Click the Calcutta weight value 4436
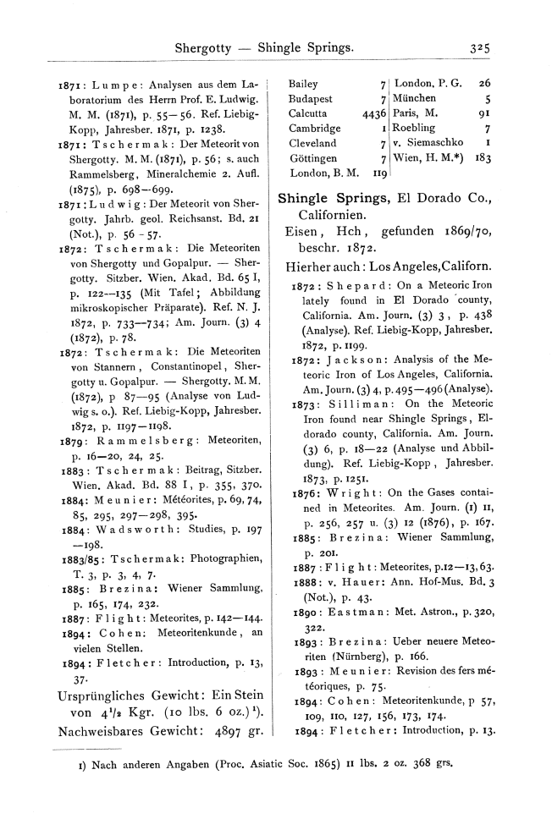click(373, 113)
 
